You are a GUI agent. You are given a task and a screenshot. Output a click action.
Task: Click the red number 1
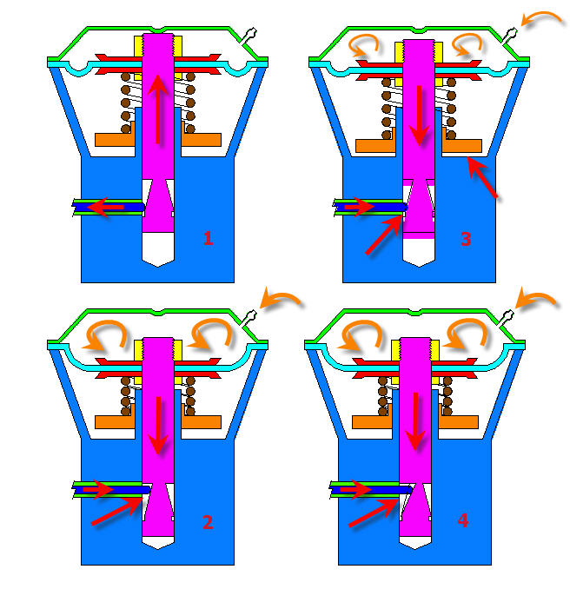point(209,238)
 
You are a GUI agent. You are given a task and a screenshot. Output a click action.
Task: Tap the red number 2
point(208,522)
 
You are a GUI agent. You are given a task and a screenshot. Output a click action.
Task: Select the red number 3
point(466,239)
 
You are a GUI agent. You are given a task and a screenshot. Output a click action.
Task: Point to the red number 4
point(463,520)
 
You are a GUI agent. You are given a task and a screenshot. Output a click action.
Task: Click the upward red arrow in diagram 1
point(158,109)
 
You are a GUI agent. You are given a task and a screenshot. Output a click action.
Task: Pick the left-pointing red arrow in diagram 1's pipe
point(106,207)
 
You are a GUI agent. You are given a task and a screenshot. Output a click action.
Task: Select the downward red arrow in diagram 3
point(420,116)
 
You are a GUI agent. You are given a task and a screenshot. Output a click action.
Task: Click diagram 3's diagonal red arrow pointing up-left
point(483,177)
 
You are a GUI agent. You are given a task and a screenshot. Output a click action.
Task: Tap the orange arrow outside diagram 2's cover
point(281,297)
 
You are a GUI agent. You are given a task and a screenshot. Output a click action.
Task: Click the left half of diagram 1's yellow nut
point(138,47)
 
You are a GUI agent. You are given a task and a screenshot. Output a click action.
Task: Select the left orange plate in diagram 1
point(115,139)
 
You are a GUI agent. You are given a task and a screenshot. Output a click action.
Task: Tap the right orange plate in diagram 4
point(459,422)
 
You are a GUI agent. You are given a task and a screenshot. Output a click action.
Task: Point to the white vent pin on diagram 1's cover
point(249,36)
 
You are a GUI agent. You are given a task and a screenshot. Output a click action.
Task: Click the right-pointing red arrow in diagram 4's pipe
point(356,490)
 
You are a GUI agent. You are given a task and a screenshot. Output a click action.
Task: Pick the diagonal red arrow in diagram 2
point(117,510)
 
